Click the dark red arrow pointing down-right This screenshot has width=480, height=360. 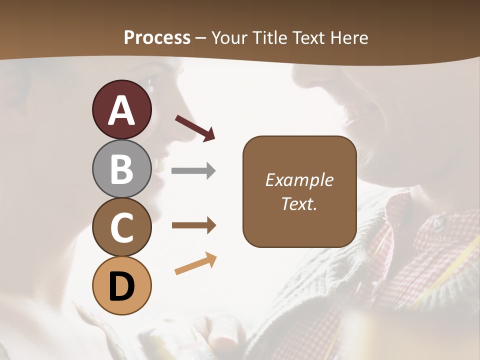tap(195, 128)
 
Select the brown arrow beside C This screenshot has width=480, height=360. tap(193, 225)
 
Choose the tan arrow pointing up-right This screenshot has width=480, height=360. tap(195, 263)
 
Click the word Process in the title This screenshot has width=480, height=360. tap(157, 37)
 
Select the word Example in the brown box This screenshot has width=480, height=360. tap(299, 180)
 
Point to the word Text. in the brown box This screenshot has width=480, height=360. tap(299, 203)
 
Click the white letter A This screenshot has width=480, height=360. tap(121, 110)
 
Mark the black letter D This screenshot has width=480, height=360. tap(121, 286)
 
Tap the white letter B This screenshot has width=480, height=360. tap(121, 169)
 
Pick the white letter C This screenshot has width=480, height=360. tap(121, 227)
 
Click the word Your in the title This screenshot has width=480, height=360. tap(228, 37)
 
